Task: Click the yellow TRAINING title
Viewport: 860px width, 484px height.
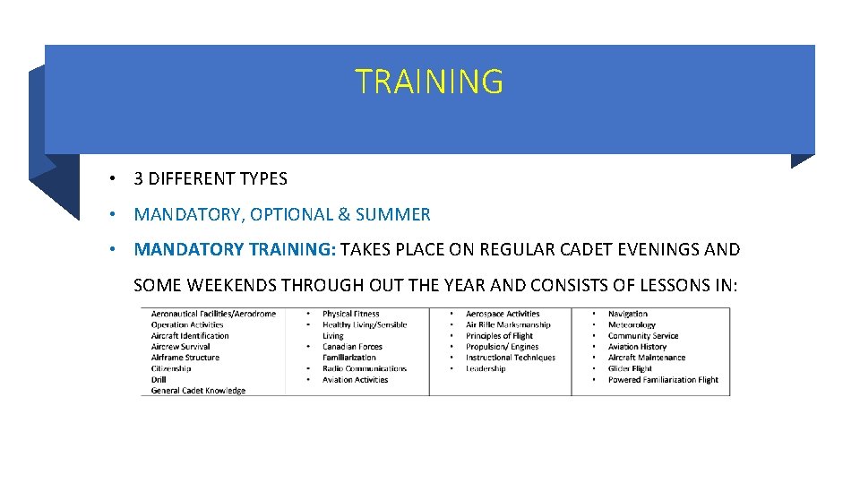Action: [x=429, y=82]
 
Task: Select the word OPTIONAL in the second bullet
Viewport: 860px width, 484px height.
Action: [x=291, y=215]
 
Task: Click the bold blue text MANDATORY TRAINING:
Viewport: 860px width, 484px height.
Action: [x=235, y=249]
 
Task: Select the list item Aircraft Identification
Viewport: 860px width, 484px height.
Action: [x=190, y=336]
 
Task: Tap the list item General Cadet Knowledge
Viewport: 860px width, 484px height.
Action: [x=198, y=391]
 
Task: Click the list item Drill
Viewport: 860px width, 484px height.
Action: [x=159, y=380]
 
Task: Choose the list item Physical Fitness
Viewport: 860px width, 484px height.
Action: [x=351, y=315]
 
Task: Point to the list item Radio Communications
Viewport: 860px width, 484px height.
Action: [x=365, y=368]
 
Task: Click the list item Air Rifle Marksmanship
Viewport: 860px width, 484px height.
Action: [x=508, y=325]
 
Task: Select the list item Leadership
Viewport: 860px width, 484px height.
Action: [x=486, y=368]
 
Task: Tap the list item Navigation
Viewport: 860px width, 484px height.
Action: [x=628, y=315]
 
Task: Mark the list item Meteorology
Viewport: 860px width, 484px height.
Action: [x=632, y=325]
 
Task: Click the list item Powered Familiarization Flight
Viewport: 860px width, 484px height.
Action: [x=663, y=380]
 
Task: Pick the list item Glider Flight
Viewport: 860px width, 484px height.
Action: [x=630, y=368]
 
